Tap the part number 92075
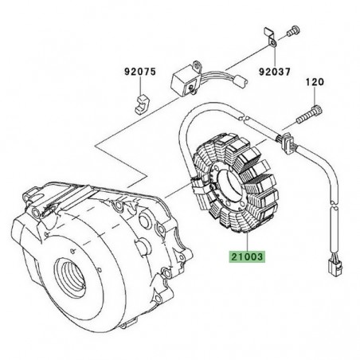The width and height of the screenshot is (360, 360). point(136,70)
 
